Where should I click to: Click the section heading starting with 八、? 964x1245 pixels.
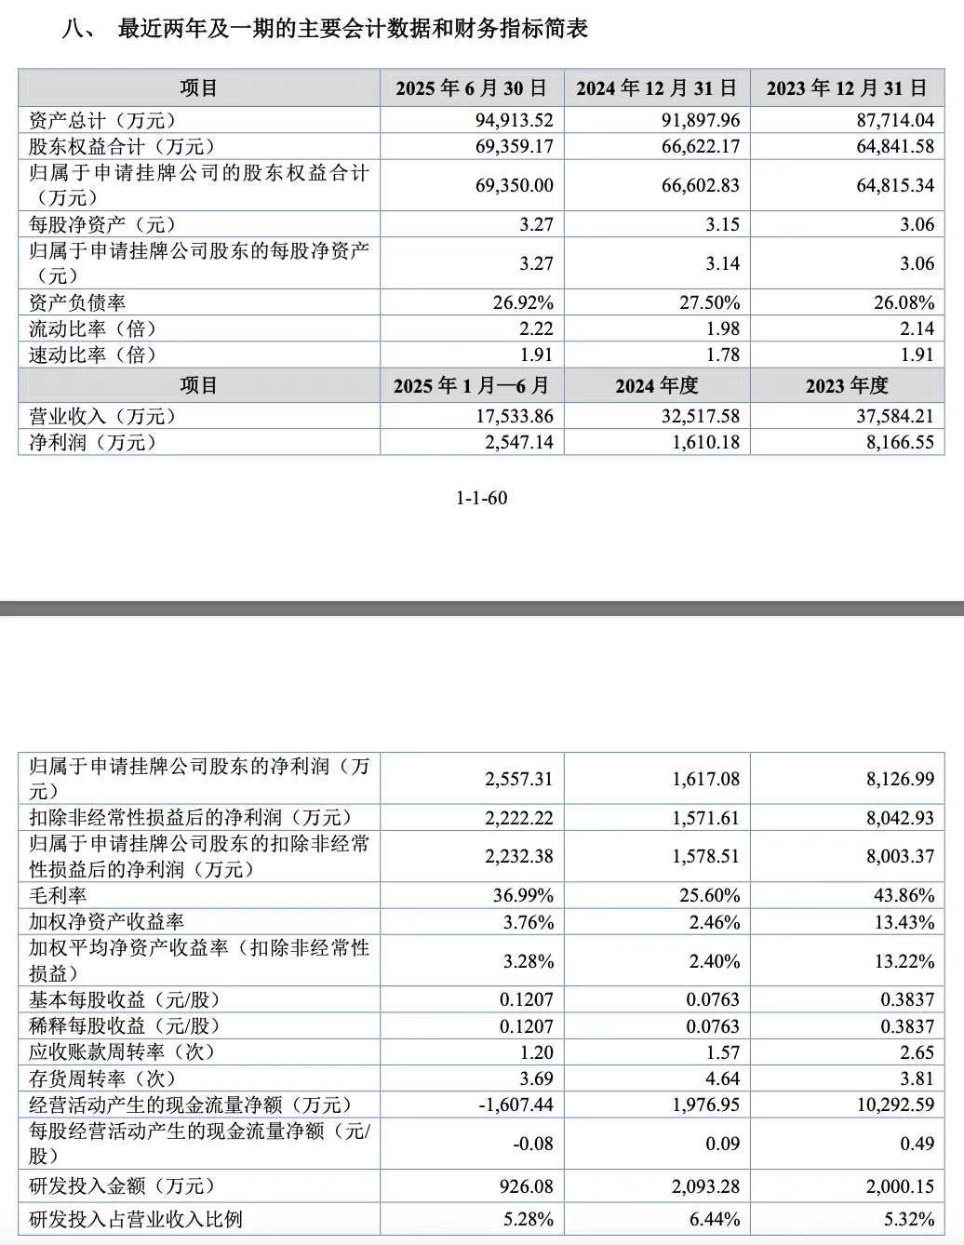[325, 29]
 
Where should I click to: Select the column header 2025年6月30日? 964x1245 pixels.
[472, 88]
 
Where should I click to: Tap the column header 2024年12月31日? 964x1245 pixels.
[657, 88]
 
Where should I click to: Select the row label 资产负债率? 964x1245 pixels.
[77, 302]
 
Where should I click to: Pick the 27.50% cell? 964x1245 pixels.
[709, 302]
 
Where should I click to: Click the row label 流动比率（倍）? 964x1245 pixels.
[93, 328]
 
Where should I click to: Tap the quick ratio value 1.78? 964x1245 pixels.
[723, 355]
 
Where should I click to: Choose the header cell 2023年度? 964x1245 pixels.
[847, 385]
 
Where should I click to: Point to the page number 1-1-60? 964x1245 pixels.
[482, 498]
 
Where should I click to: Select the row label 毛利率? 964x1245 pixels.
[58, 895]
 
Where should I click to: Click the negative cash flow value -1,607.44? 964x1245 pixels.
[515, 1104]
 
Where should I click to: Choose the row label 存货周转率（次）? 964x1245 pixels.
[102, 1078]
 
